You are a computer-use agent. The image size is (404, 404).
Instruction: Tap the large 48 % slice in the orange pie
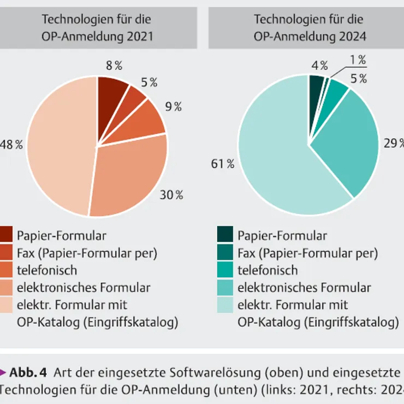click(57, 147)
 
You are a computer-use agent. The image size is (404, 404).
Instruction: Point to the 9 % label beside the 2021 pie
click(174, 106)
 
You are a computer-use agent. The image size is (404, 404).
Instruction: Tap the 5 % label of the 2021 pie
click(149, 82)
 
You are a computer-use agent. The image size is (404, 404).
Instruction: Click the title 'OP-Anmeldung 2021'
click(97, 37)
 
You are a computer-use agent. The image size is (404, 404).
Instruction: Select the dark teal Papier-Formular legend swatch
click(225, 235)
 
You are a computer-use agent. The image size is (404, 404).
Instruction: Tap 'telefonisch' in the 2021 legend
click(47, 270)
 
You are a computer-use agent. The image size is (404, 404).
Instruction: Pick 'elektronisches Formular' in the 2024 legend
click(304, 288)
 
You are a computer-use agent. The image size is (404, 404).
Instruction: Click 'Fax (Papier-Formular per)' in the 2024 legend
click(307, 253)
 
